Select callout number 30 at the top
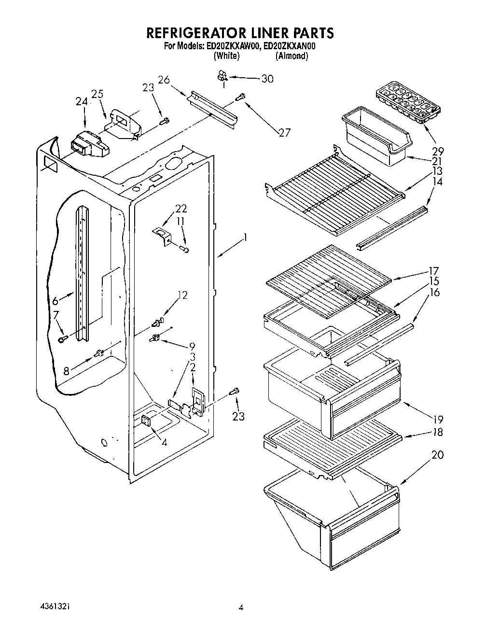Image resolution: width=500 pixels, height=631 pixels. (x=266, y=79)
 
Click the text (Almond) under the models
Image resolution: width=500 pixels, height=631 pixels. (x=292, y=56)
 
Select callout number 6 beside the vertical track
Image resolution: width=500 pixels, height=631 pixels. (x=55, y=301)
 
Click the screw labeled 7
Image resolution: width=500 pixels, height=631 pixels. (x=62, y=339)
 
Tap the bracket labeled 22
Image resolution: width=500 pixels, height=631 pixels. (x=163, y=236)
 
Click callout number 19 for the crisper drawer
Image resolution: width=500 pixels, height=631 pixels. (x=437, y=420)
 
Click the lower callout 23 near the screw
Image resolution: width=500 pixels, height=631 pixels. (x=238, y=416)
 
